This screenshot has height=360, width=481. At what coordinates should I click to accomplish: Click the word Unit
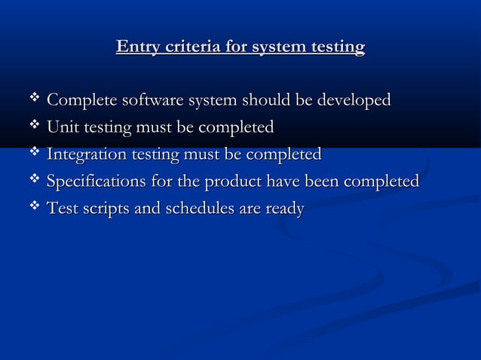62,127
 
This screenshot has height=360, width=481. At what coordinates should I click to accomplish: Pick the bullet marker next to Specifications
33,181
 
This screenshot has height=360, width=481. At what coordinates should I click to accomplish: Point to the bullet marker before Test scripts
33,208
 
